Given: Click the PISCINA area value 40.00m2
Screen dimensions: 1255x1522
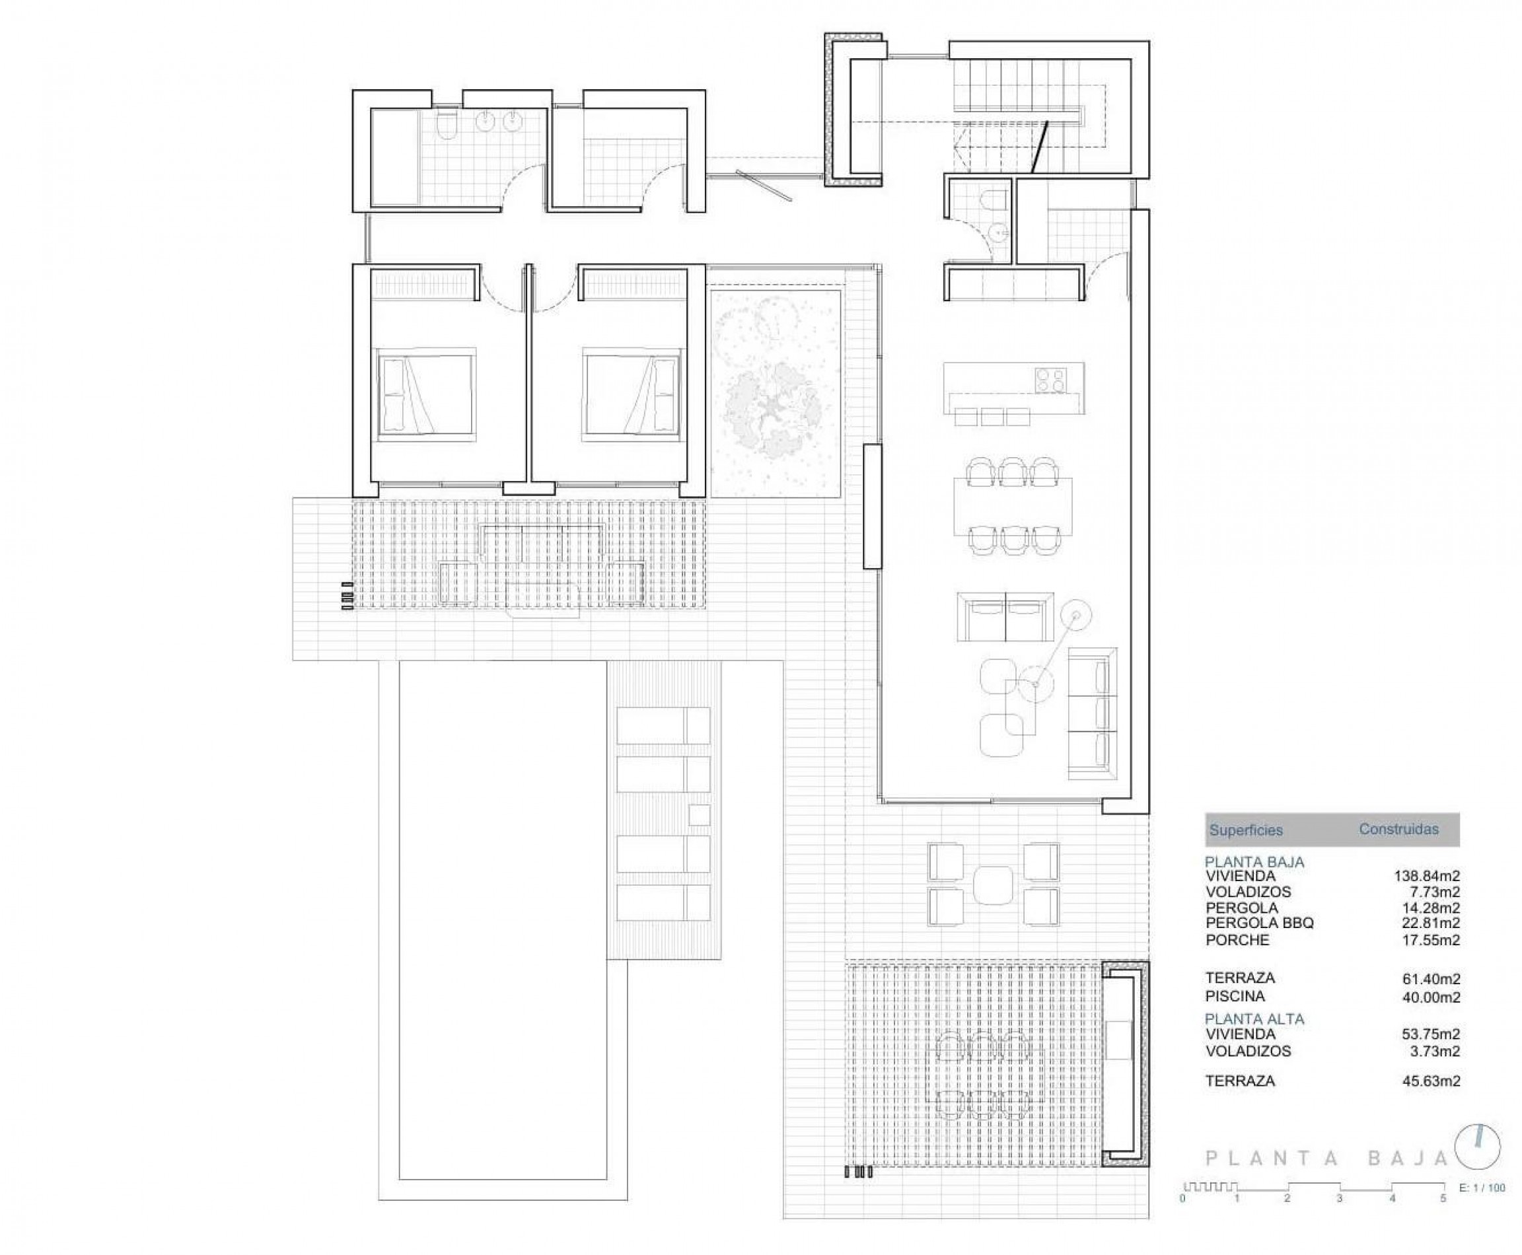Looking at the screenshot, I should pos(1430,997).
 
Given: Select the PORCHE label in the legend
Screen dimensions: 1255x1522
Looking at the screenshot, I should pos(1237,940).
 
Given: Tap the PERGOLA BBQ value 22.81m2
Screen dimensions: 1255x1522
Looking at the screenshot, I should pos(1430,923).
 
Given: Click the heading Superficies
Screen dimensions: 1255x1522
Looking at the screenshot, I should pos(1246,831).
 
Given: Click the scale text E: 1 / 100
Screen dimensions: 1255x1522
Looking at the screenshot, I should pos(1482,1188).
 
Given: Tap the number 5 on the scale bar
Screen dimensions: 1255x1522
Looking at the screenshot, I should pos(1443,1199).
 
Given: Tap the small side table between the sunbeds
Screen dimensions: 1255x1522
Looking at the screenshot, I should pos(699,814).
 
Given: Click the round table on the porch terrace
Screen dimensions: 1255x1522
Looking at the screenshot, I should pos(994,885).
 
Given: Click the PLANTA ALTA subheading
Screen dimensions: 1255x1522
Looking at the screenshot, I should pos(1254,1019).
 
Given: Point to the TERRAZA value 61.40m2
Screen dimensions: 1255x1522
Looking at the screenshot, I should pos(1430,980).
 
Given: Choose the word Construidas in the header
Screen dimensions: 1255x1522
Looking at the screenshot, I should pos(1398,829).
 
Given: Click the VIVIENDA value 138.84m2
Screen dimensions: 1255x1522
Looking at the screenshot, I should pos(1427,876).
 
